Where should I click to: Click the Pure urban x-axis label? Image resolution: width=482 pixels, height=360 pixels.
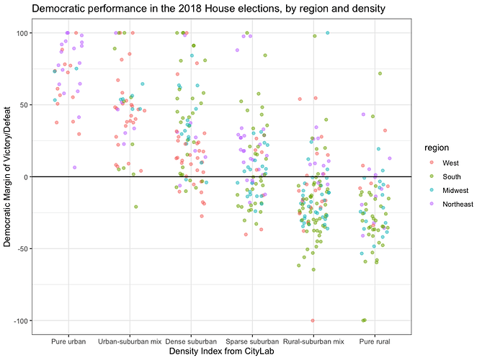click(x=70, y=340)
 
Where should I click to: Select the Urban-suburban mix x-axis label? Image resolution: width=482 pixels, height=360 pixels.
click(x=130, y=340)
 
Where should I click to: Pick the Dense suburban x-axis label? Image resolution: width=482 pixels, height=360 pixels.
click(x=191, y=340)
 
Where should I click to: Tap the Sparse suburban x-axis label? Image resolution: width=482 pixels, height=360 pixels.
click(x=251, y=340)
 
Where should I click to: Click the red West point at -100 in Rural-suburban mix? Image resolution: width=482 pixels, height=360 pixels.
click(x=312, y=320)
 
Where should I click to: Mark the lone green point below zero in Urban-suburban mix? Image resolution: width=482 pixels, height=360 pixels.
click(x=135, y=207)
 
